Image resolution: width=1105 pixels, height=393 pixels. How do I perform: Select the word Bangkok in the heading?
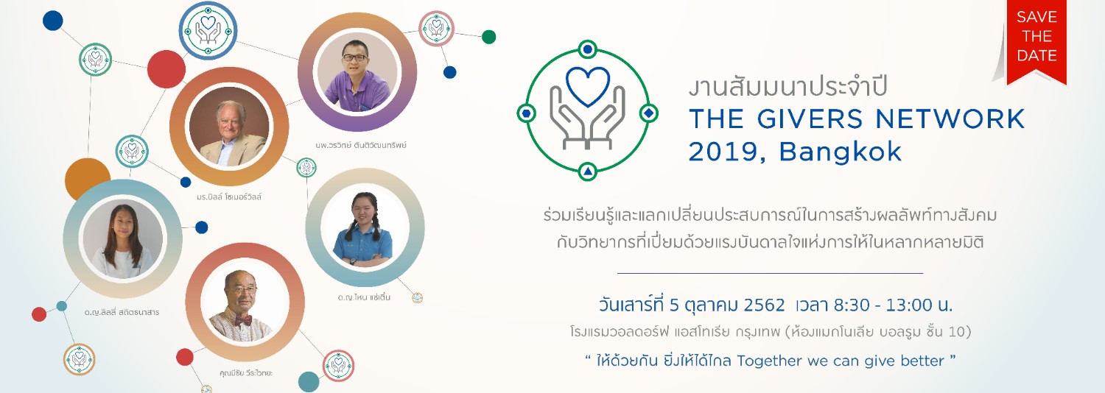(840, 152)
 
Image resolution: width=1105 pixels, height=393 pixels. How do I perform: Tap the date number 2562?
(764, 305)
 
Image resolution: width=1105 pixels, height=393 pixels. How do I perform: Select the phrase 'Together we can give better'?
(841, 361)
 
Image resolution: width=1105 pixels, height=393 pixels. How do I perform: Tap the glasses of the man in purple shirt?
(354, 57)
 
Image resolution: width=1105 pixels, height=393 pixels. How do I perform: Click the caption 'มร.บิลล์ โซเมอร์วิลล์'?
(228, 196)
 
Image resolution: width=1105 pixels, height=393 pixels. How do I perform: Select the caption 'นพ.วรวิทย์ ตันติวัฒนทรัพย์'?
(361, 145)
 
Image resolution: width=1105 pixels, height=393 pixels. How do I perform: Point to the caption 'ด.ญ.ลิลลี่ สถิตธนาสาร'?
(122, 312)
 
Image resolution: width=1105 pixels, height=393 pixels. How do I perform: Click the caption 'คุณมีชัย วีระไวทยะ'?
(245, 373)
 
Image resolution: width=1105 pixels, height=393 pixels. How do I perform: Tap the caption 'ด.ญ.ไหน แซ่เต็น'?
(364, 297)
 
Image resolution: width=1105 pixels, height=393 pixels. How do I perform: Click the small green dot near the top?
(488, 37)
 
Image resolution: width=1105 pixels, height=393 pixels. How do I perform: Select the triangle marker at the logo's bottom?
(588, 171)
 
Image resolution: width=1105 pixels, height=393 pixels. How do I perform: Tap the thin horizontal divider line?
(770, 272)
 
